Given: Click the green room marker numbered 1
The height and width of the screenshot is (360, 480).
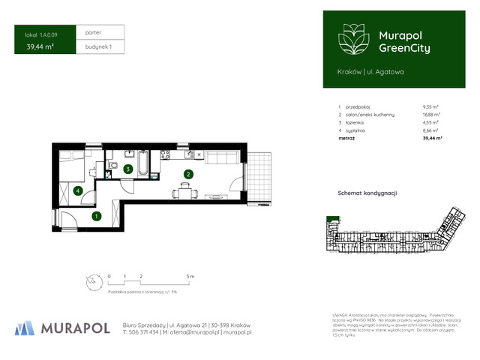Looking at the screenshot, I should pos(96,217).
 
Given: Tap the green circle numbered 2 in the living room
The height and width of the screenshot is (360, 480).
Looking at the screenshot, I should pos(189,175).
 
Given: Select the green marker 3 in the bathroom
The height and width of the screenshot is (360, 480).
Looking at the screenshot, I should pos(128,169).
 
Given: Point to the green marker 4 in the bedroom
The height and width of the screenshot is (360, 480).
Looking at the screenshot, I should pos(78,190).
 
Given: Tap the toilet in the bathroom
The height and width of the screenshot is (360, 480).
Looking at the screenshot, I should pos(109,174).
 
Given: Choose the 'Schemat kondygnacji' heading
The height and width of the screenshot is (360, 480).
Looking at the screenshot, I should pos(367,193).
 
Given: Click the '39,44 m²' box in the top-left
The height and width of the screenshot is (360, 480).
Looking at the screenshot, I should pos(39,46).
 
